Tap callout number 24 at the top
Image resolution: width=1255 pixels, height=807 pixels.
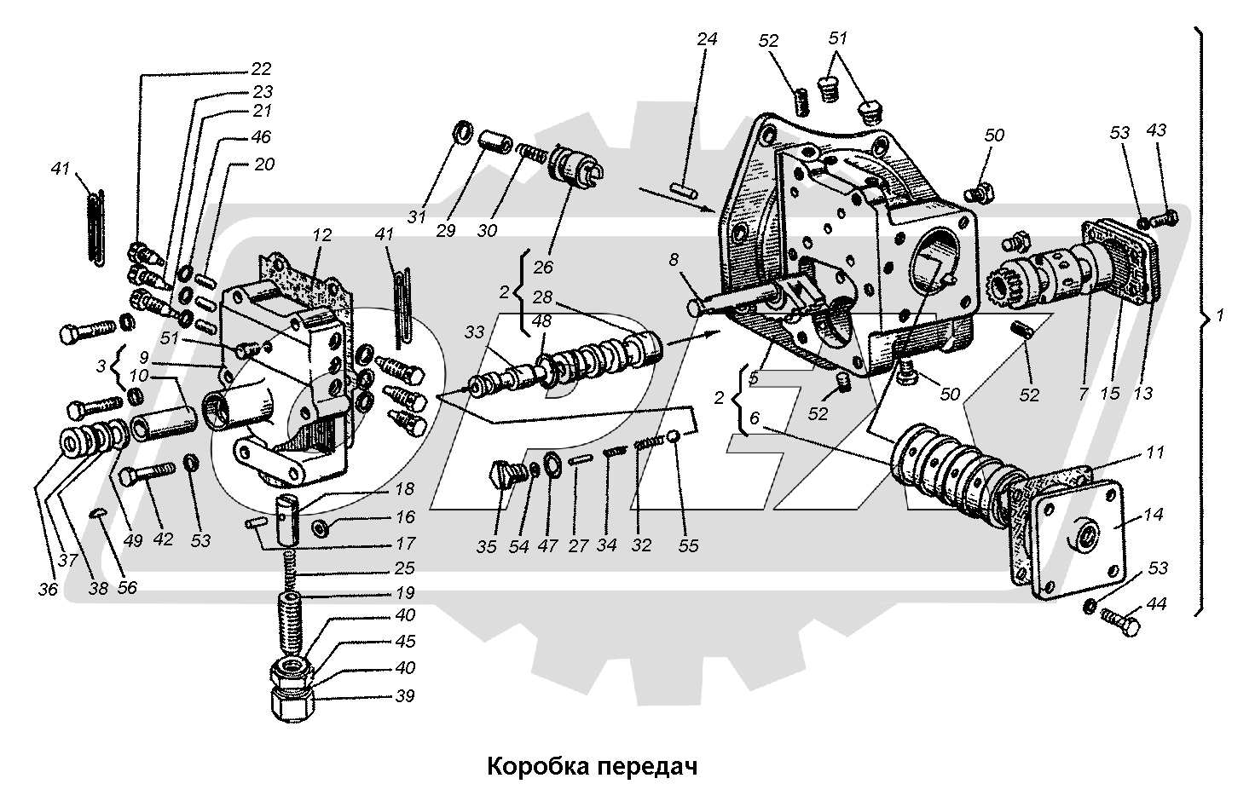click(707, 39)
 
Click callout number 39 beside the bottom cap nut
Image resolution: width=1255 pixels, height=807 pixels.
click(405, 696)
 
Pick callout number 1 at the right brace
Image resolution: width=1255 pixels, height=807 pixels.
click(1220, 316)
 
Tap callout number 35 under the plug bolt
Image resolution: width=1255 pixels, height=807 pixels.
click(486, 546)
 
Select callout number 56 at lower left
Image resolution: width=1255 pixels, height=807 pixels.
click(126, 588)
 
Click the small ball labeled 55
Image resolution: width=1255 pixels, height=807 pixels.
click(674, 436)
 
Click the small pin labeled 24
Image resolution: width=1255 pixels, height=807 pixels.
click(680, 188)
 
